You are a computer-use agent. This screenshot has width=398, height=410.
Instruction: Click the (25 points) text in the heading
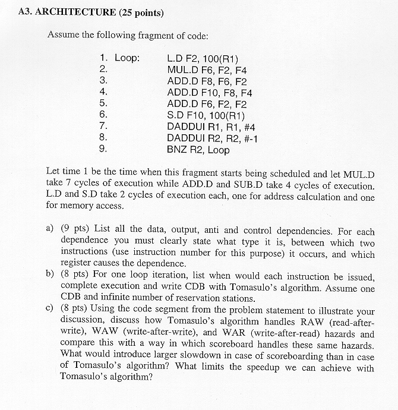coord(141,12)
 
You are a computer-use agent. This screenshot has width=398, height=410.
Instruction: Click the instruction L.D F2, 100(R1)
coord(203,58)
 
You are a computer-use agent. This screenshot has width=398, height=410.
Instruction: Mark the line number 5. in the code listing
coord(103,104)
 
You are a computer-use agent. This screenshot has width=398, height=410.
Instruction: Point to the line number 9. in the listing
coord(103,150)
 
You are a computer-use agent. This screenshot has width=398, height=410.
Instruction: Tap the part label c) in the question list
coord(50,310)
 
